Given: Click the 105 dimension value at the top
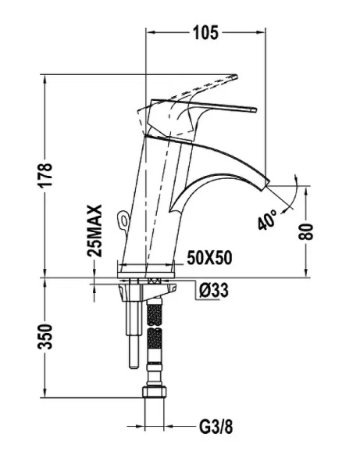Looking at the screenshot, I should tap(206, 32).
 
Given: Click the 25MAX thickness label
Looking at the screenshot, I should tap(94, 232).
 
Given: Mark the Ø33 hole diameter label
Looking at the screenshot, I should tap(213, 292).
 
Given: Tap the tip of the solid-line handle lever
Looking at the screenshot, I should tap(255, 110).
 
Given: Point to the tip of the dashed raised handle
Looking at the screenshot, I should tap(233, 77).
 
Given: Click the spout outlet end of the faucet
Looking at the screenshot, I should tap(266, 181).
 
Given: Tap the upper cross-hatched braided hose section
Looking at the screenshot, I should tap(155, 313).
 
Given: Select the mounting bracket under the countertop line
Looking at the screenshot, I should tap(130, 293).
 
